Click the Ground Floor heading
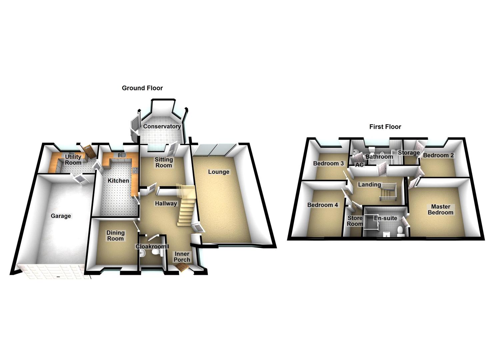click(142, 88)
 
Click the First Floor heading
click(385, 127)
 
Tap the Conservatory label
click(162, 127)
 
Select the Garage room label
click(61, 216)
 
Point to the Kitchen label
click(118, 181)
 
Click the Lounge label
click(219, 172)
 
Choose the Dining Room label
click(115, 236)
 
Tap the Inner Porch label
click(182, 257)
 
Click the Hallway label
click(166, 203)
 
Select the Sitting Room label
click(164, 163)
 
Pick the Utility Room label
click(73, 160)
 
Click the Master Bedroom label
click(440, 210)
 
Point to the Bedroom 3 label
click(328, 164)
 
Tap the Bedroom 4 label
click(323, 205)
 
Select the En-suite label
click(385, 218)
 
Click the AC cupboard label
click(359, 165)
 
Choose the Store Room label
click(355, 221)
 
